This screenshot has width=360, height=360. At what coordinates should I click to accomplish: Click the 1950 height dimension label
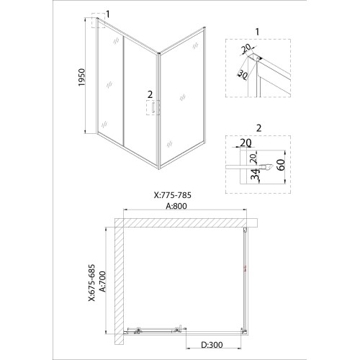coord(82,77)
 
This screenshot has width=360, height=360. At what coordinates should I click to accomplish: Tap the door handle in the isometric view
coord(153,107)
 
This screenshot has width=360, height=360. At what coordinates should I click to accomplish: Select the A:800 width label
coord(176,206)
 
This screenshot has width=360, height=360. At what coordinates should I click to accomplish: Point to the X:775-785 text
coord(173,195)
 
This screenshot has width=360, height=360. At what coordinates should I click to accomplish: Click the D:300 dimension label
coord(212,345)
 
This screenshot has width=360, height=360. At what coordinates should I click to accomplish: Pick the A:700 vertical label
coord(102,282)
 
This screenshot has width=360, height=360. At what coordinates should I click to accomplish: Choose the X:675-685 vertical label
coord(91,283)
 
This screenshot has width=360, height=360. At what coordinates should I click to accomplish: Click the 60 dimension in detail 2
coord(281,165)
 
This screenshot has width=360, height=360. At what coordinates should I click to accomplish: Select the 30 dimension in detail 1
coord(243,75)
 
